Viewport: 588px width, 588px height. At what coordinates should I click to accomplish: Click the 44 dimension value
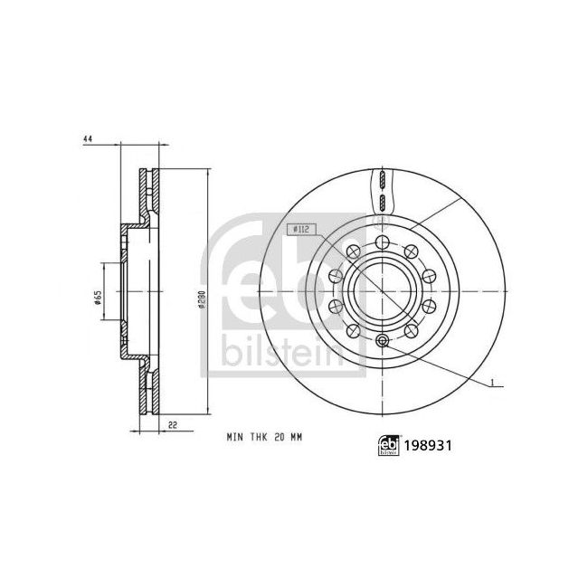pos(88,139)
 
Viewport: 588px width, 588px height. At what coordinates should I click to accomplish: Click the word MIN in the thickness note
pos(234,437)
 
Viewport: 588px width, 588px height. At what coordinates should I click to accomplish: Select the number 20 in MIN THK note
pos(280,437)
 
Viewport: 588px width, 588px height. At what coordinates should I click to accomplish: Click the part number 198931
pos(428,445)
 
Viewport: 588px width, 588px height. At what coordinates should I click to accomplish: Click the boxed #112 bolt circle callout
pos(299,230)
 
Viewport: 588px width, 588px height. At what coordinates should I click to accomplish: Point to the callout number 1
pos(489,385)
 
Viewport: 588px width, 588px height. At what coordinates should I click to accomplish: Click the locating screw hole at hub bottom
pos(382,340)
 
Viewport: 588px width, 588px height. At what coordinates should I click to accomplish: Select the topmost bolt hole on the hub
pos(382,242)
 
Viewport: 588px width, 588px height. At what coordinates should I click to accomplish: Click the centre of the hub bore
pos(382,291)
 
